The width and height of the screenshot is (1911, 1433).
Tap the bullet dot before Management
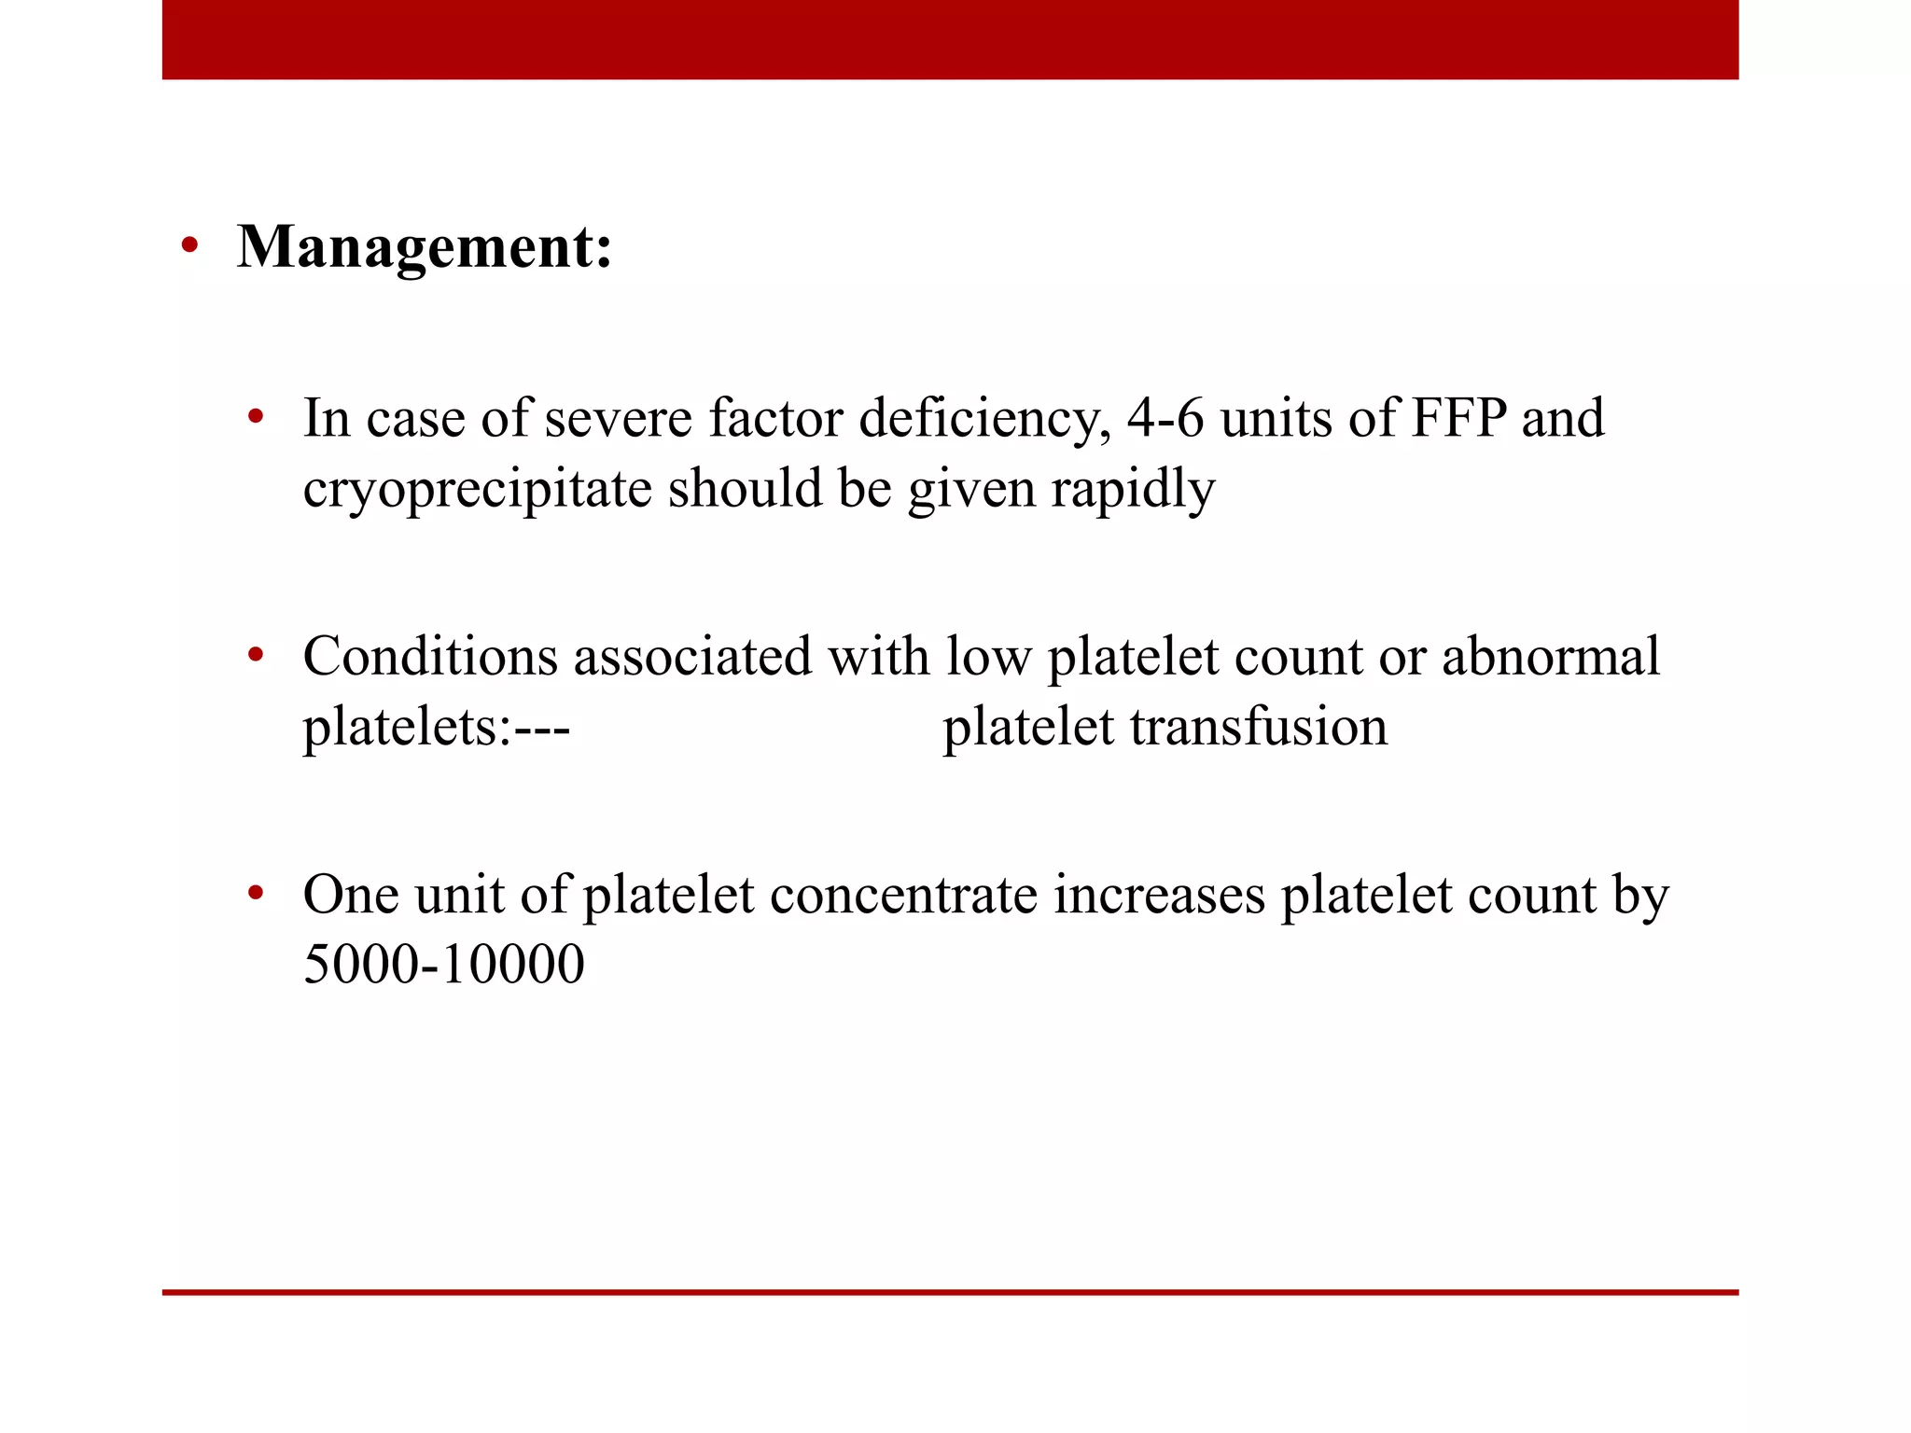coord(190,246)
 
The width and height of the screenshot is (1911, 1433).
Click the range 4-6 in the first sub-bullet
coord(1165,418)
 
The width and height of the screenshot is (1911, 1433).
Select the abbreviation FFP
coord(1458,418)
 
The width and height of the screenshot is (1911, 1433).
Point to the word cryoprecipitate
coord(477,490)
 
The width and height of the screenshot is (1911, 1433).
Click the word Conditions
coord(429,656)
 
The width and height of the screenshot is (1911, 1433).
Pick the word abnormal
coord(1550,656)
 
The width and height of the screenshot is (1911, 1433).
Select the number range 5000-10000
coord(444,965)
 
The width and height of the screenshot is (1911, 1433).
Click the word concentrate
coord(903,895)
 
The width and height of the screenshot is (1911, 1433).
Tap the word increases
coord(1159,895)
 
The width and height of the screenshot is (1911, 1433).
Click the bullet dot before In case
coord(256,417)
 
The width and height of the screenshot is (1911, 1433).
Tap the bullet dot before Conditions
coord(256,656)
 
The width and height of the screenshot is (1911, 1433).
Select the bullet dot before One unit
coord(256,895)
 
